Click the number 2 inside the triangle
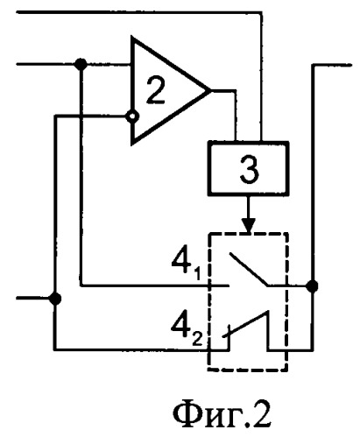point(155,90)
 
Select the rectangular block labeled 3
point(248,168)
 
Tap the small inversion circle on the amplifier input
point(132,116)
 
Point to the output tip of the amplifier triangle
point(210,91)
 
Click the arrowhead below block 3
point(249,225)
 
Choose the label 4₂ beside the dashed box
point(187,331)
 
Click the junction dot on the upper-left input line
point(81,64)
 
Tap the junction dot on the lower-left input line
point(55,299)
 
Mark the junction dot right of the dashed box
point(312,285)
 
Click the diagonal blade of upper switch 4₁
point(248,270)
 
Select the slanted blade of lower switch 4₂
point(245,324)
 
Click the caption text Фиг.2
point(222,415)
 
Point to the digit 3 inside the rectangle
point(249,169)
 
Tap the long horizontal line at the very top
point(138,12)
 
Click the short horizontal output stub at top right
point(332,65)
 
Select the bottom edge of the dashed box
point(248,370)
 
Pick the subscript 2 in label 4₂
point(197,340)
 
